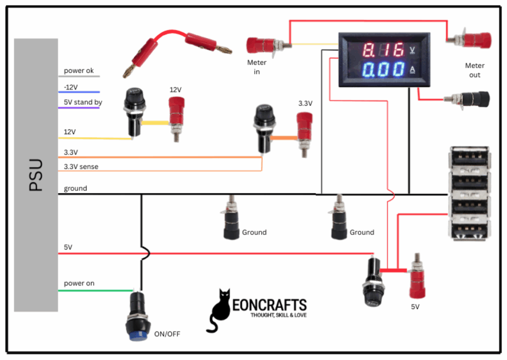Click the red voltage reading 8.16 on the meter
pyautogui.click(x=383, y=51)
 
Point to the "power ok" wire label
pyautogui.click(x=79, y=71)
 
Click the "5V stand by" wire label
pyautogui.click(x=83, y=103)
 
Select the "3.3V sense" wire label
pyautogui.click(x=81, y=166)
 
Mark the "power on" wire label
pyautogui.click(x=79, y=283)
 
